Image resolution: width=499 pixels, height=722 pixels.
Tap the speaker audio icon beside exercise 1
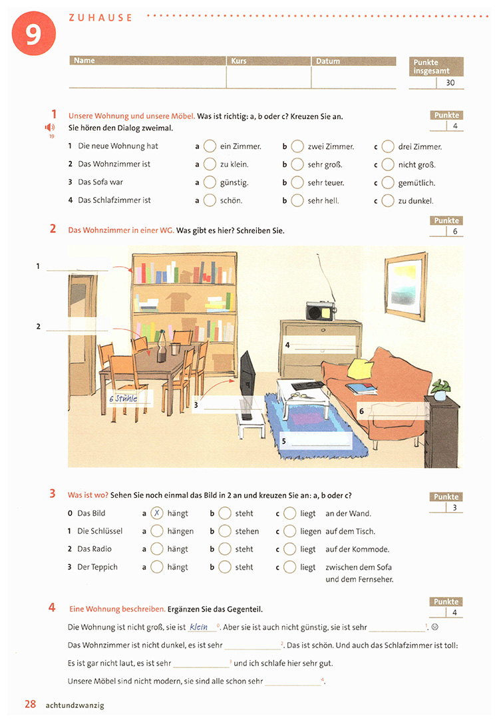pyautogui.click(x=49, y=127)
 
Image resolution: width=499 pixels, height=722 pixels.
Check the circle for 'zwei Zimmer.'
pyautogui.click(x=297, y=146)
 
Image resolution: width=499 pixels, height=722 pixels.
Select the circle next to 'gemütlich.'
pyautogui.click(x=388, y=182)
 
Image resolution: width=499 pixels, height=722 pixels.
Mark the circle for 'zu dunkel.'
pyautogui.click(x=388, y=200)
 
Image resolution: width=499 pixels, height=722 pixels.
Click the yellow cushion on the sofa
pyautogui.click(x=360, y=367)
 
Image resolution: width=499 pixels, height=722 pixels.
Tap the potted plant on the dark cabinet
pyautogui.click(x=440, y=389)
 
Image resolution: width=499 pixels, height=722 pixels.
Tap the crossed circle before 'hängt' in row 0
pyautogui.click(x=157, y=513)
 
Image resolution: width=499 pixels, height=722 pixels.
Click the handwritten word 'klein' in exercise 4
pyautogui.click(x=199, y=627)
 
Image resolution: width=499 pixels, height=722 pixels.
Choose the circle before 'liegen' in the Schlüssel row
pyautogui.click(x=289, y=531)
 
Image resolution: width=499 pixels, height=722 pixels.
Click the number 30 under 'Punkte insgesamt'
pyautogui.click(x=450, y=83)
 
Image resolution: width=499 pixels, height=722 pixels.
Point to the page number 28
pyautogui.click(x=30, y=704)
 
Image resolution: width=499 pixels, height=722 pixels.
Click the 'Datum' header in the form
pyautogui.click(x=328, y=61)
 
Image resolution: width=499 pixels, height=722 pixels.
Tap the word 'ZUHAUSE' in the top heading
pyautogui.click(x=100, y=18)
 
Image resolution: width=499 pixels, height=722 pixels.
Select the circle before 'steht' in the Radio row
pyautogui.click(x=224, y=549)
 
